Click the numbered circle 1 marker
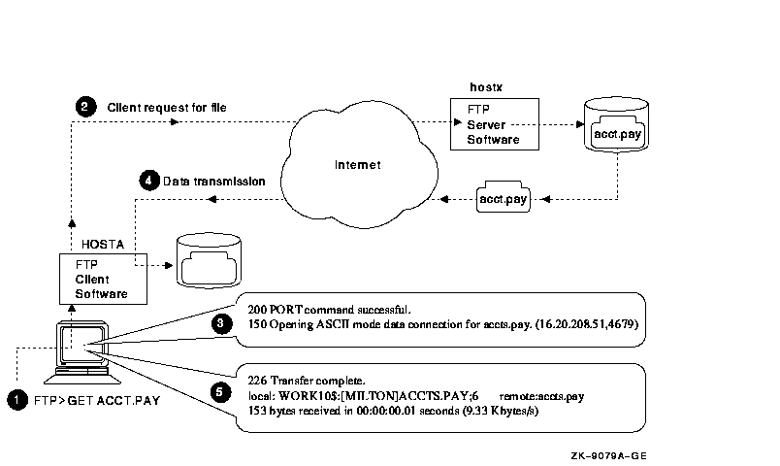click(x=16, y=398)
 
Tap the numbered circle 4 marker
click(x=148, y=181)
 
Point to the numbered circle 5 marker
click(x=221, y=393)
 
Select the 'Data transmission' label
click(x=213, y=181)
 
